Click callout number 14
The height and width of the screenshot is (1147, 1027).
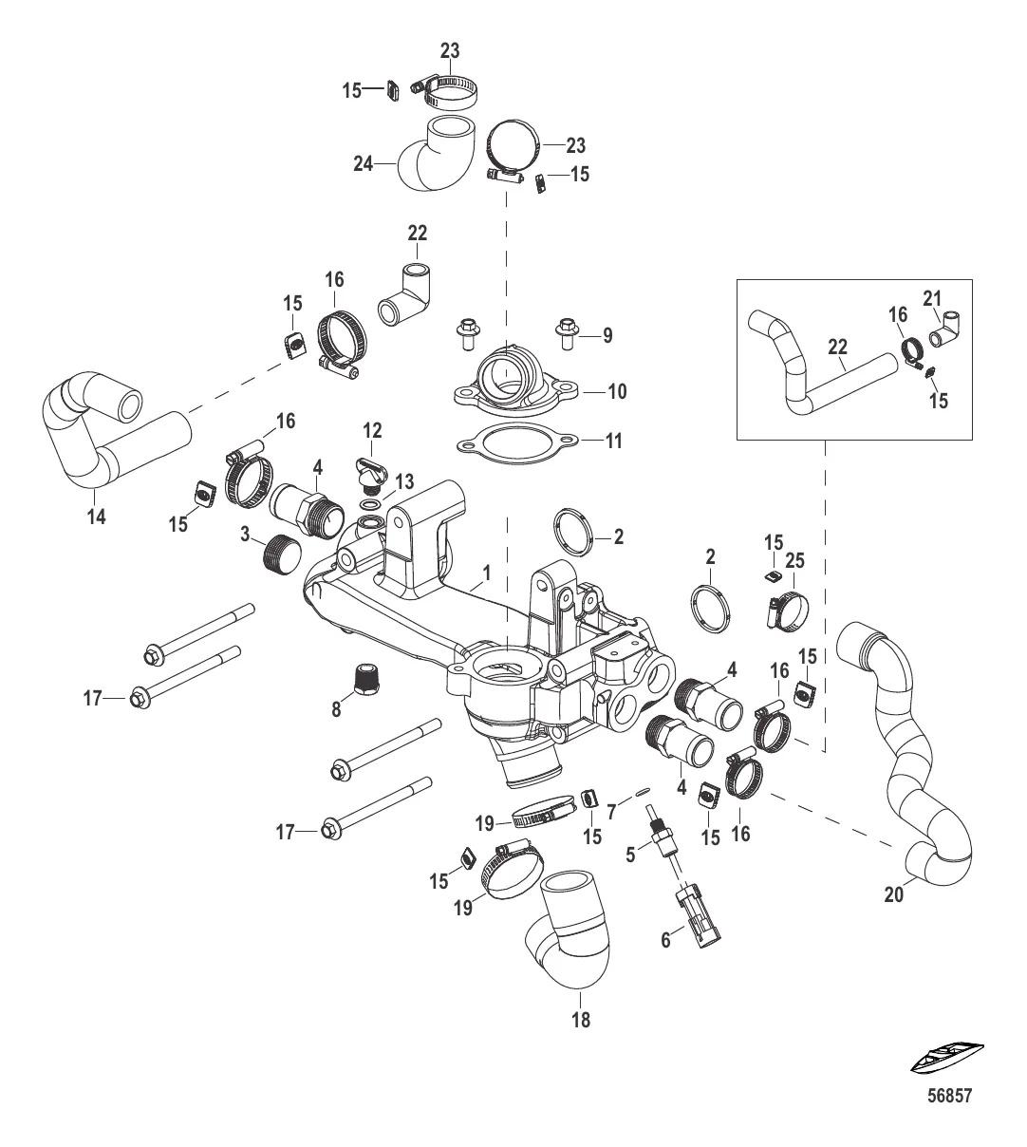tap(96, 517)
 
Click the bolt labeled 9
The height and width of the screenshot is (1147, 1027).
tap(568, 333)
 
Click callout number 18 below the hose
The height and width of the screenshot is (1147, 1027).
tap(580, 1020)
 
